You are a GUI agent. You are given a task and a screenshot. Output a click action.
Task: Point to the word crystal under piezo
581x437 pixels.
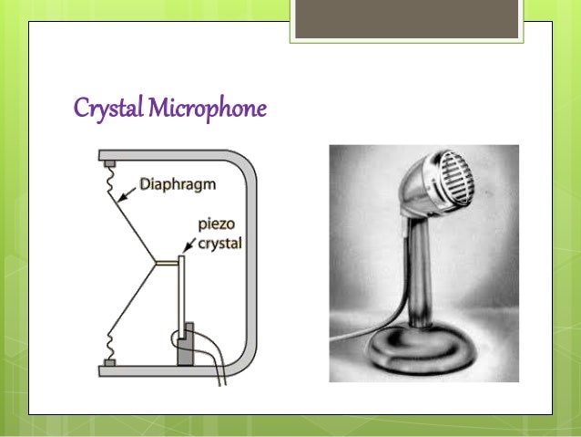219,241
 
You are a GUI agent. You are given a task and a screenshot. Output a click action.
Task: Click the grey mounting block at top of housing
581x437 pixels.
110,164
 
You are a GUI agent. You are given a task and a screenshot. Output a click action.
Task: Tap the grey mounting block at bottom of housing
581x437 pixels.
110,362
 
